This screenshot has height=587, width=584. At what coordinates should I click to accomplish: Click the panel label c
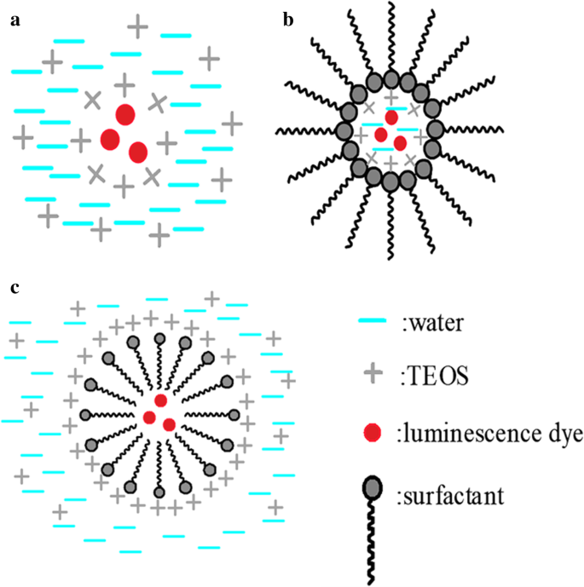point(14,288)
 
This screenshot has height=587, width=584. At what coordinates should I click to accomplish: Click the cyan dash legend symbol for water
point(372,322)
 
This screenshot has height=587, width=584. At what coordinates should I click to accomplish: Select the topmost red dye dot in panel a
point(125,114)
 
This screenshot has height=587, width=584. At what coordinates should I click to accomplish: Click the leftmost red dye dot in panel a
point(110,138)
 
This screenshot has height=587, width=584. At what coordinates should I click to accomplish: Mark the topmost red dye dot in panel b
point(391,118)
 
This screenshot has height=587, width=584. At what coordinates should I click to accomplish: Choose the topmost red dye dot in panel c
point(160,401)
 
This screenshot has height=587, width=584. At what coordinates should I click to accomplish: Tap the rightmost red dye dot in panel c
point(169,423)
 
